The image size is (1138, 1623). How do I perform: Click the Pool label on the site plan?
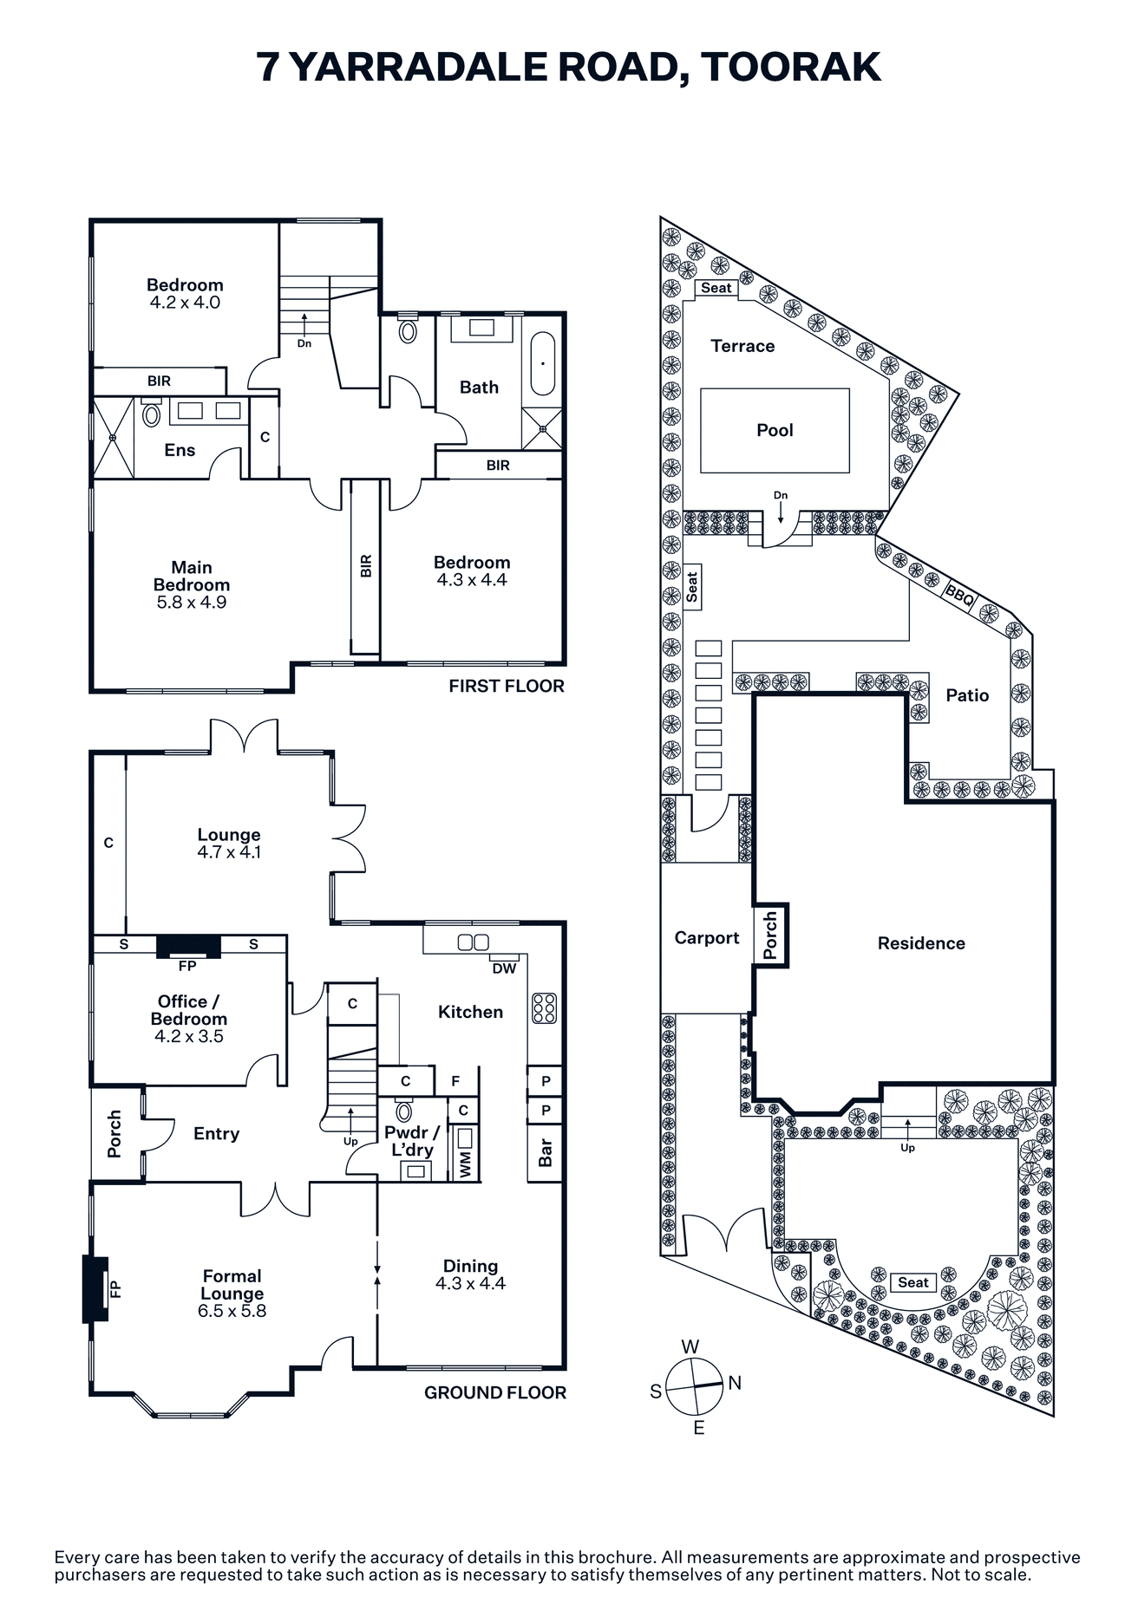775,430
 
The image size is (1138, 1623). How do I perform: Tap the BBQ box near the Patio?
960,595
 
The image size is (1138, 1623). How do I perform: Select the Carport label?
707,938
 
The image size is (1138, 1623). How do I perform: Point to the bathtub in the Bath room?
543,363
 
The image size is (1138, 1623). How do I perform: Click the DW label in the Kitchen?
504,968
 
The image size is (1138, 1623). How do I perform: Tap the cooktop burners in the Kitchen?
544,1007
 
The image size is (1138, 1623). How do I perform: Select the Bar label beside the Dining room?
546,1153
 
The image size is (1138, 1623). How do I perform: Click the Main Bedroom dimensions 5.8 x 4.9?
192,603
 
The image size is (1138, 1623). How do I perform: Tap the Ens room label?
180,450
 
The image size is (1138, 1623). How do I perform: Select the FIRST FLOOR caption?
507,686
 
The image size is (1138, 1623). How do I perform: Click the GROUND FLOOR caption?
495,1392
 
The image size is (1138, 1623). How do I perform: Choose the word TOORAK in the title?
791,68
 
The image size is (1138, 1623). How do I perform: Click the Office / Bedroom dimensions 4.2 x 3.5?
188,1036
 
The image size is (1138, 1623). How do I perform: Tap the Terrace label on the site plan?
742,346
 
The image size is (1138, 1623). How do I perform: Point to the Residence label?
921,943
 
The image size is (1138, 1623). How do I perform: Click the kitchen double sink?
474,942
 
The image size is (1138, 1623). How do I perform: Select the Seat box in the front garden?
913,1282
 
